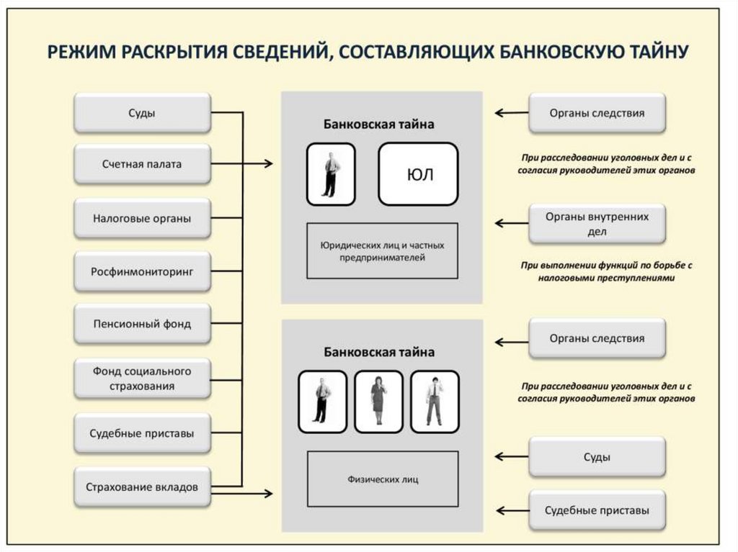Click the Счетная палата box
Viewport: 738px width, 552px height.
142,164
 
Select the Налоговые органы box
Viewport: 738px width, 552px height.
142,218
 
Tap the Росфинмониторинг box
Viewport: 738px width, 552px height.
142,271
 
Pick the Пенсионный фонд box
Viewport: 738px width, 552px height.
142,324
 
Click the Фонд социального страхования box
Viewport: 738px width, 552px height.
142,379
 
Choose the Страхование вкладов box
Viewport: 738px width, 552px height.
142,487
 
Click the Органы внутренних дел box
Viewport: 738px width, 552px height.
597,224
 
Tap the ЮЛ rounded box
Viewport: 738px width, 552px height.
418,174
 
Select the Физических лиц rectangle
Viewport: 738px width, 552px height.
383,479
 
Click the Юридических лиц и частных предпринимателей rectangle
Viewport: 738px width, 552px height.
383,250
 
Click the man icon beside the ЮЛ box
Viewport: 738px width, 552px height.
331,174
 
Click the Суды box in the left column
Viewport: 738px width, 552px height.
142,112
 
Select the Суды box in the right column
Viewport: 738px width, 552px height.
597,456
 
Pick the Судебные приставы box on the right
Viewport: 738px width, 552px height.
597,510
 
